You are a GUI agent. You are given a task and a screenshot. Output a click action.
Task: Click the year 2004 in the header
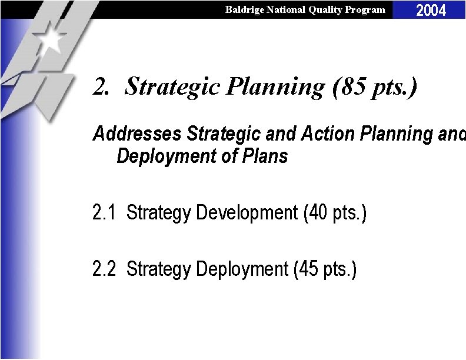pos(431,10)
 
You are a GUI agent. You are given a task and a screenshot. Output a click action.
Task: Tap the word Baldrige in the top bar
pos(244,9)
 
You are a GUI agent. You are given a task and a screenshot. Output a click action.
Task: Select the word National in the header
pos(285,9)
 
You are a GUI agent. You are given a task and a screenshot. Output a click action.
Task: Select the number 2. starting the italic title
pos(101,87)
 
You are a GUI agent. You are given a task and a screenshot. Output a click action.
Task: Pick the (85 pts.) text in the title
pos(375,87)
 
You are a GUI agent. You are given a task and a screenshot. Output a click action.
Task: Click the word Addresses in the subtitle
pos(137,134)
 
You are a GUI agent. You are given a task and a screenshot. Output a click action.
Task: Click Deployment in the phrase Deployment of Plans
pos(167,156)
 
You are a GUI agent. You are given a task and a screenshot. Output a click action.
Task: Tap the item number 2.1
pos(105,212)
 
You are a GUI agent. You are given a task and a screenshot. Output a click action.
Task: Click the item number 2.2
pos(105,269)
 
